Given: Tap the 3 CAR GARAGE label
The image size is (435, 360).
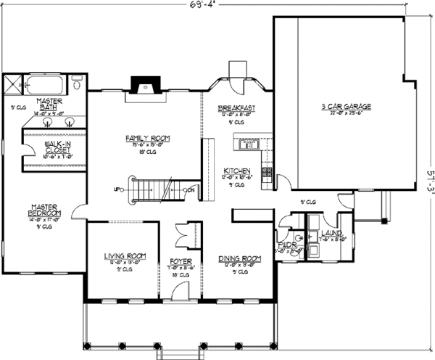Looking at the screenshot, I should pos(346,107).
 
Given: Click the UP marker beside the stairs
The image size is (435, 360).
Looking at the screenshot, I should pos(117,190).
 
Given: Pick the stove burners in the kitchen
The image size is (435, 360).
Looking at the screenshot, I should pos(267,173).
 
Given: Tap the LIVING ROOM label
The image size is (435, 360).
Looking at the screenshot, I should pos(121,256).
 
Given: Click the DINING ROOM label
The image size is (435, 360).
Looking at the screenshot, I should pos(239,258).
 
